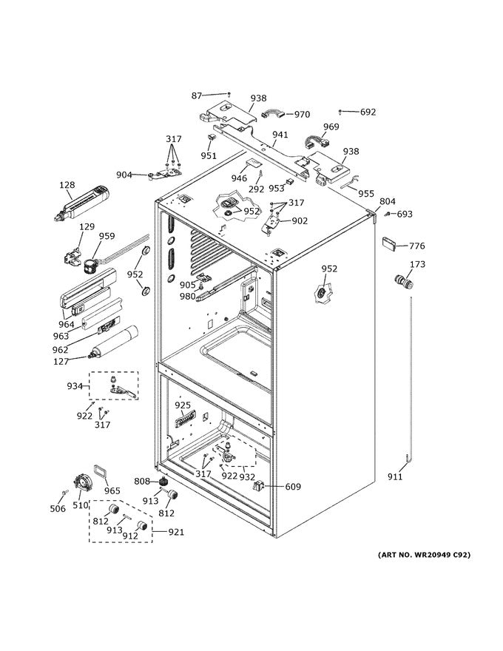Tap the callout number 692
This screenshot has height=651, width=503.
368,112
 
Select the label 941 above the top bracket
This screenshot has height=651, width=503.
280,135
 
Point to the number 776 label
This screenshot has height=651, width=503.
417,246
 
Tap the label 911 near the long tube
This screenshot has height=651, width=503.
396,478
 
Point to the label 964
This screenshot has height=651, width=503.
67,324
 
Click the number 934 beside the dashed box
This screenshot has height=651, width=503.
75,386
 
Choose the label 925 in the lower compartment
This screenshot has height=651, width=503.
183,405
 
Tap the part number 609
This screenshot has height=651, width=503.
293,487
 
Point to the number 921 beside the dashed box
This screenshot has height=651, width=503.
176,532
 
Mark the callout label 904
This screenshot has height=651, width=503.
124,175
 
